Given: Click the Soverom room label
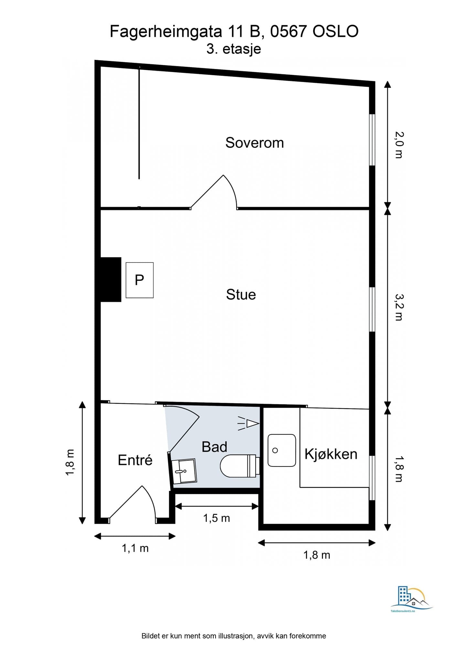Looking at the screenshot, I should [254, 143].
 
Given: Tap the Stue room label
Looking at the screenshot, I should [241, 294].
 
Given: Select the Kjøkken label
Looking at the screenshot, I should [331, 454].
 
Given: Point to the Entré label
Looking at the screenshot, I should [135, 460].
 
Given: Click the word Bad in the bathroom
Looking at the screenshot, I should [214, 447].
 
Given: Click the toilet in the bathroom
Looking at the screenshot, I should [239, 466].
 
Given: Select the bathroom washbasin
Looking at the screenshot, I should [184, 471].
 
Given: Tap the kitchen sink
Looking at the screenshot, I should [282, 450].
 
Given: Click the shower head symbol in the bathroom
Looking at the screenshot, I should [249, 423].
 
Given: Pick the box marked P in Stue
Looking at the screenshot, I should [139, 280].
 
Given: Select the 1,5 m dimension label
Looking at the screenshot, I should [216, 518].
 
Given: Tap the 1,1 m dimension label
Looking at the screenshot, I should [135, 548].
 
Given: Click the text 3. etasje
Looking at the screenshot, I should [234, 49].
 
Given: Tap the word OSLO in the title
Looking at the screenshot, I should [335, 32].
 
